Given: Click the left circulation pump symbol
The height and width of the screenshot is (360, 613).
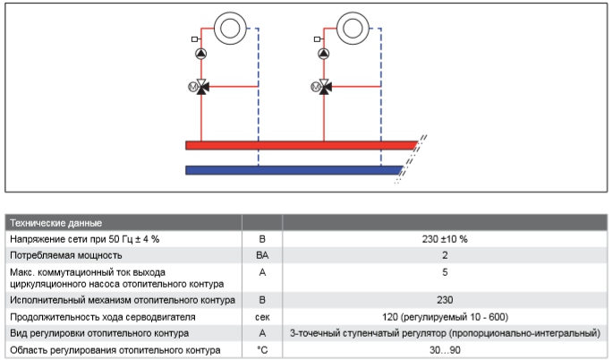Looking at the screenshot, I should coord(202,56).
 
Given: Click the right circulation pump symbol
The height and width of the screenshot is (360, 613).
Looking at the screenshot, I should coord(324,56).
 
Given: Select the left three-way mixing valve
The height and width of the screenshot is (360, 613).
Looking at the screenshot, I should coord(202,87).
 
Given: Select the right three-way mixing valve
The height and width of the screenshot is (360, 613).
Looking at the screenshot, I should coord(324,87).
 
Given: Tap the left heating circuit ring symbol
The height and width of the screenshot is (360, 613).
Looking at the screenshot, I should coord(232,26).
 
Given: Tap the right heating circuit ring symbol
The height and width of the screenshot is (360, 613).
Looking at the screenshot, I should coord(353,26).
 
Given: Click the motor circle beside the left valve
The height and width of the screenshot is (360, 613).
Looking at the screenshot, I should coord(190,87).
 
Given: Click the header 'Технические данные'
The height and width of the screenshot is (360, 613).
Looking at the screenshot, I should coord(55,222).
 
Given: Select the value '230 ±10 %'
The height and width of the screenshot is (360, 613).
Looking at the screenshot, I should coord(445,239).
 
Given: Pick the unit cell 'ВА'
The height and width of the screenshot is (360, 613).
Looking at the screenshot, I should coord(262,255).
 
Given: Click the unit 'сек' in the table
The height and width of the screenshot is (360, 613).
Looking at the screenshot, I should coord(262,316).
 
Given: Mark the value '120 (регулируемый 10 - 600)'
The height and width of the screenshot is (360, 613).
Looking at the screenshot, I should coord(445,316).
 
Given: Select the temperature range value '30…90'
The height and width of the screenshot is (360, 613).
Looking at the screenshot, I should coord(445,349).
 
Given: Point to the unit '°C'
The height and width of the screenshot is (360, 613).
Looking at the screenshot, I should coord(262,349).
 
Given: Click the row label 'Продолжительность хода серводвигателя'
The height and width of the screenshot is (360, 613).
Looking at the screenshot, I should coord(102,316).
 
